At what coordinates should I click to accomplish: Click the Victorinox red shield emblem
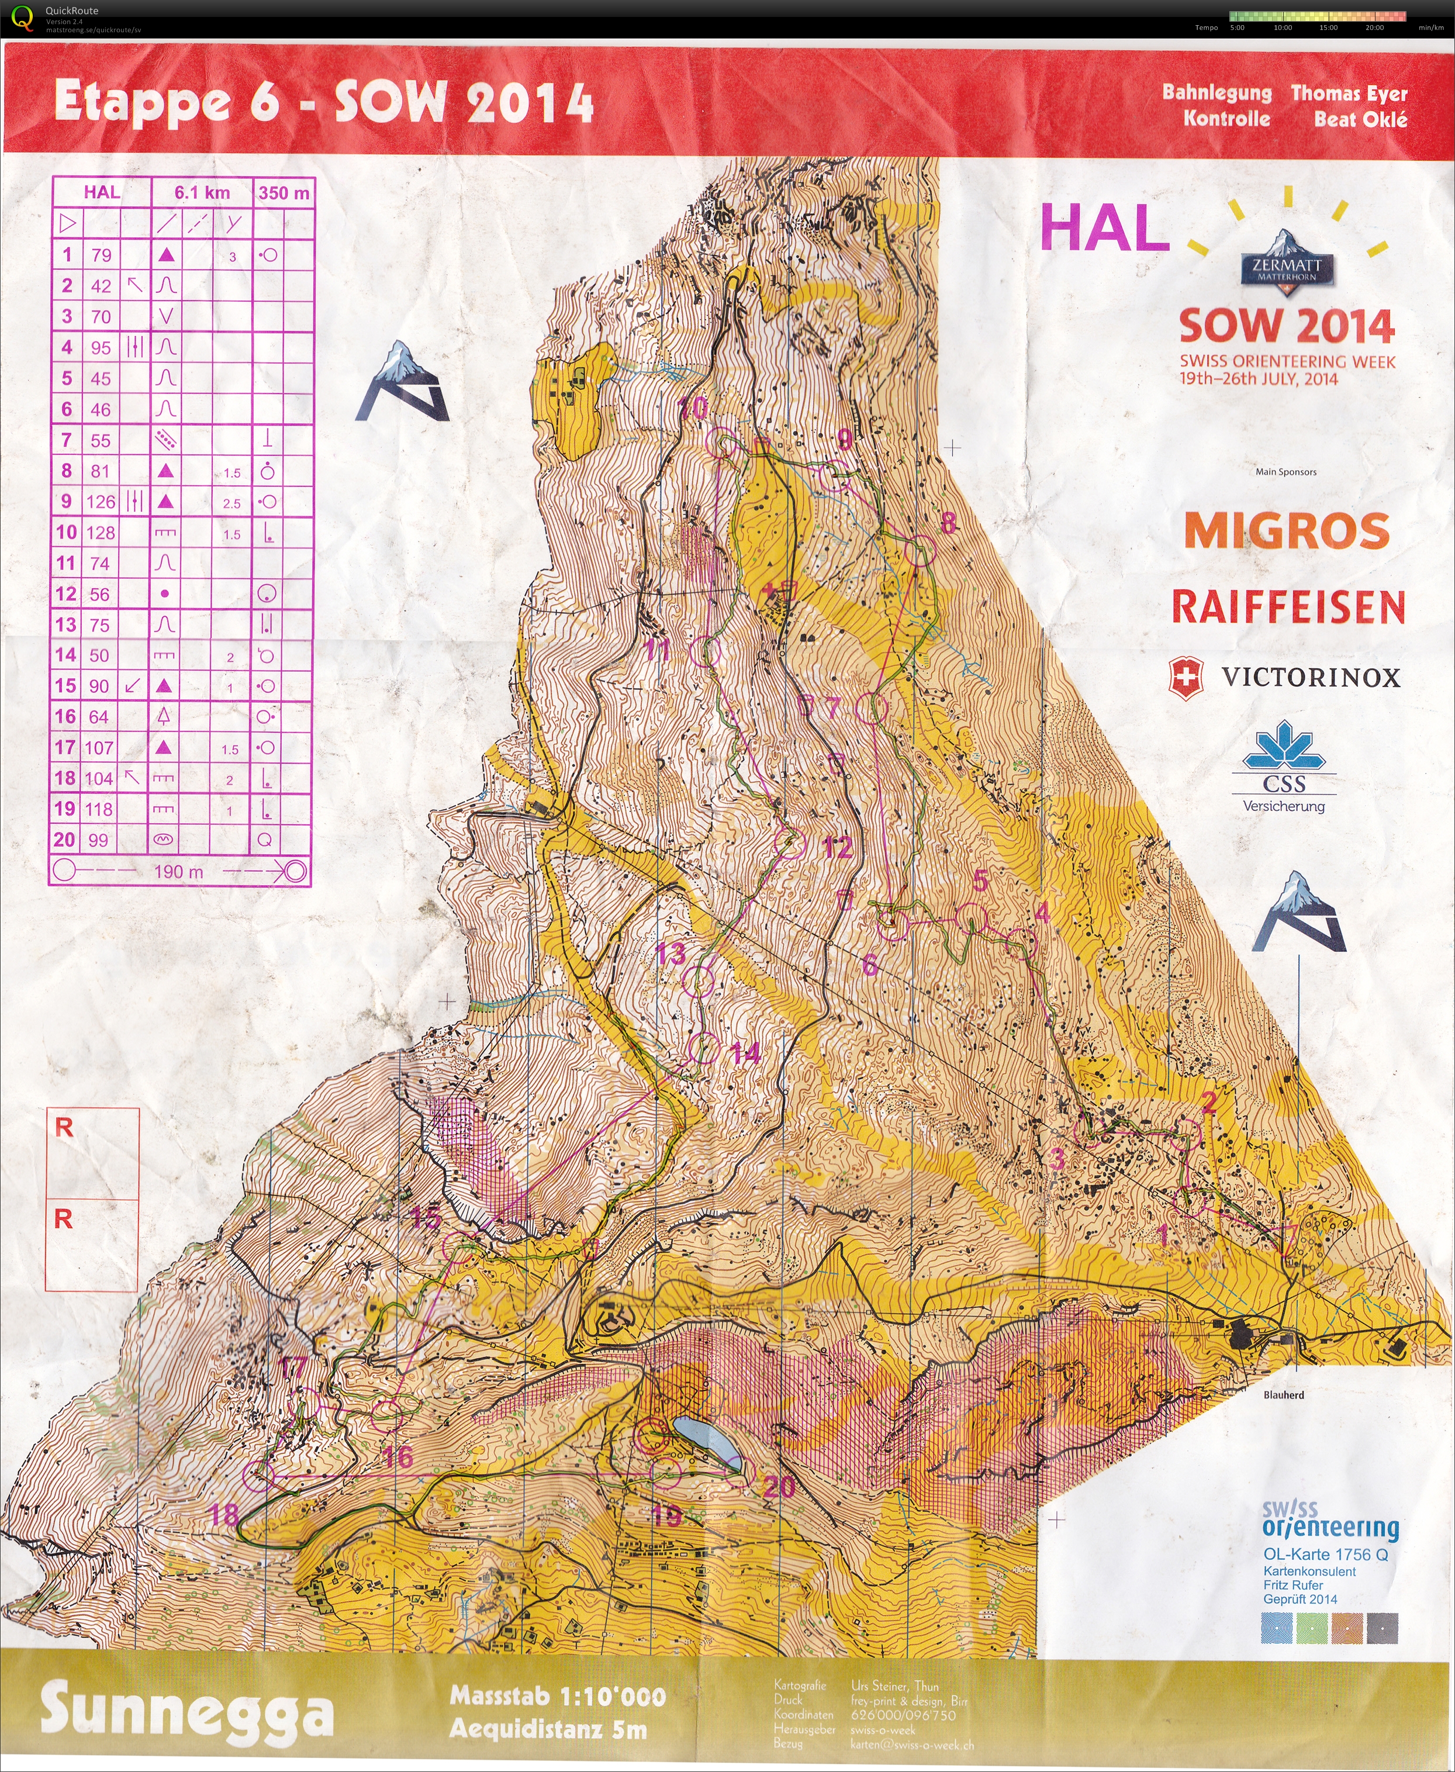coord(1185,677)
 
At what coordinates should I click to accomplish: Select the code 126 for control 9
coord(101,501)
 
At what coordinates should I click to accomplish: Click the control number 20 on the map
coord(779,1486)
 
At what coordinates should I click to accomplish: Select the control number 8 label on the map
coord(948,523)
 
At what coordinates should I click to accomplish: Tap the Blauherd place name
coord(1283,1395)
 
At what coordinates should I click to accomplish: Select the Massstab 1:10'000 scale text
coord(557,1696)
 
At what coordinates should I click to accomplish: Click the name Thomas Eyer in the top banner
coord(1349,93)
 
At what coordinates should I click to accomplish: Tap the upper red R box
coord(91,1152)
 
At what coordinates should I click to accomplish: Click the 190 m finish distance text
coord(178,872)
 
